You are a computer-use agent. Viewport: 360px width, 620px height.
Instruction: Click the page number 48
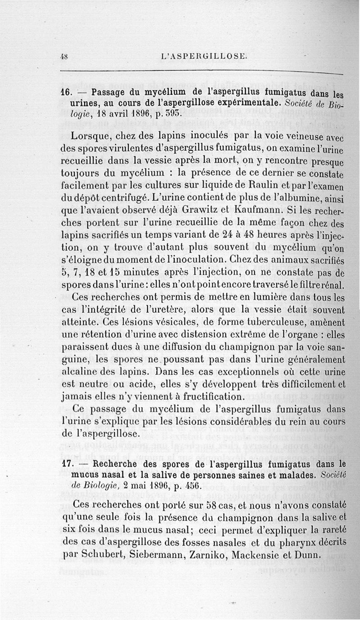[64, 56]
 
